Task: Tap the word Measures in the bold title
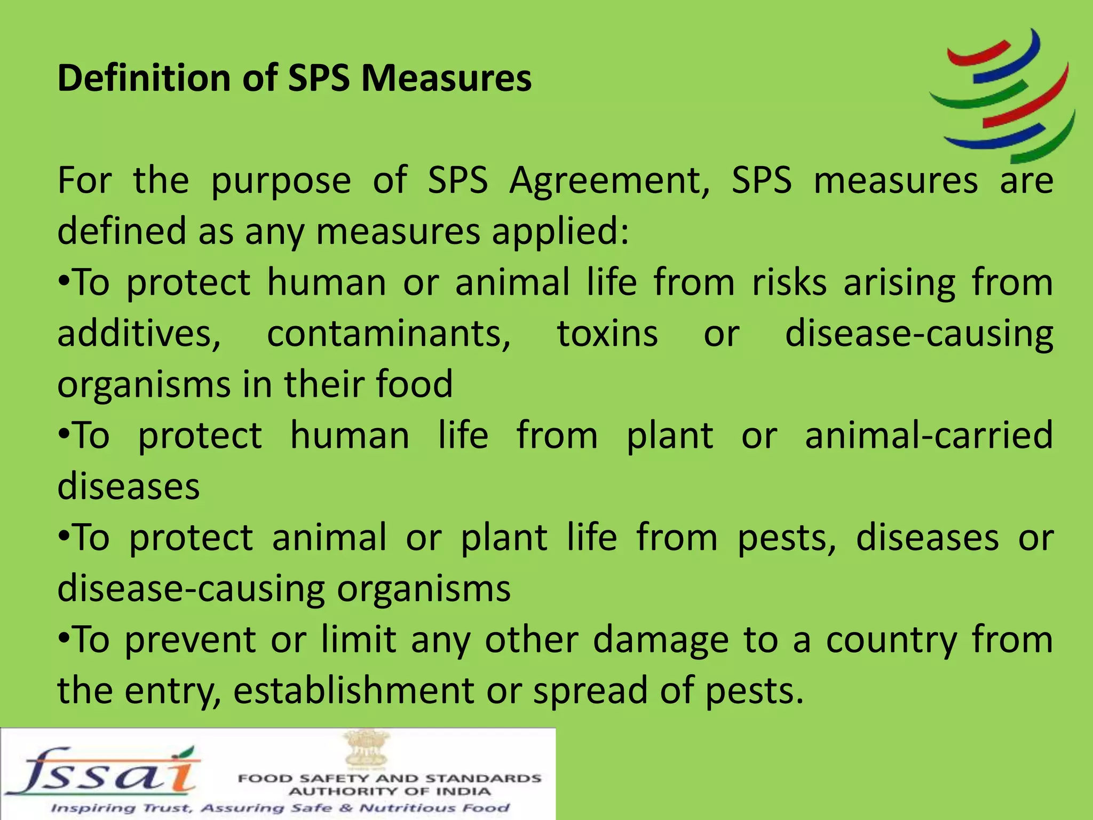point(446,78)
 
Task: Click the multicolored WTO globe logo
point(1002,95)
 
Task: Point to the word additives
point(139,334)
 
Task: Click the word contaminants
point(389,334)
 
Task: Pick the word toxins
point(607,334)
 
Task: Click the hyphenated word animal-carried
point(929,435)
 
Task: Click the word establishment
point(353,691)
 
